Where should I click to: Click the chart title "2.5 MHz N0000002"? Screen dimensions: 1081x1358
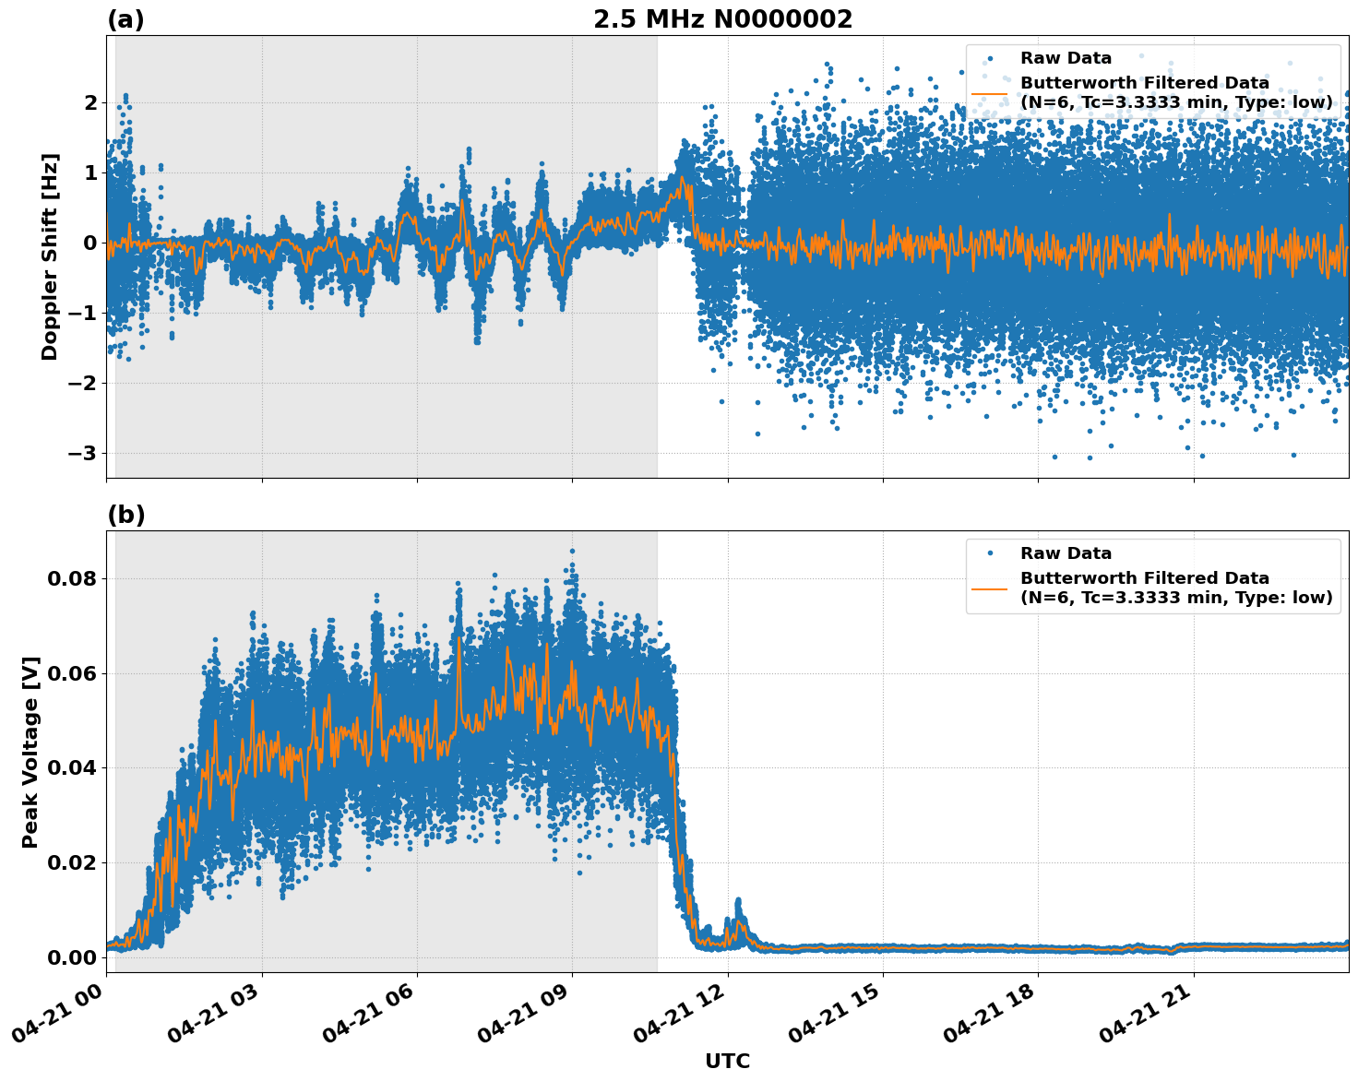tap(722, 19)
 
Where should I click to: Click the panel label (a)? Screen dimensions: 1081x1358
tap(125, 19)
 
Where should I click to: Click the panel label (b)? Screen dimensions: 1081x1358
tap(125, 515)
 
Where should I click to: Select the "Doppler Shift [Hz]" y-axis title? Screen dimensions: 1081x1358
tap(50, 256)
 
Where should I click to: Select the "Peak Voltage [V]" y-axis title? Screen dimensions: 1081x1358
tap(30, 752)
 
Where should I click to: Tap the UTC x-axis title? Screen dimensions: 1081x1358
tap(727, 1061)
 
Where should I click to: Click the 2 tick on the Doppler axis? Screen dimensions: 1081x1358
tap(90, 102)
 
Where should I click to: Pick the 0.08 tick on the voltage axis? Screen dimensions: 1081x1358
tap(71, 579)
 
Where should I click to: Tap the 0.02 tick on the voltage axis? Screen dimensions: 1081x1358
tap(71, 862)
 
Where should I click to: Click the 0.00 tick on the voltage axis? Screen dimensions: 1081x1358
tap(71, 957)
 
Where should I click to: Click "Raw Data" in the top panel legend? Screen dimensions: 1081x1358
tap(1066, 59)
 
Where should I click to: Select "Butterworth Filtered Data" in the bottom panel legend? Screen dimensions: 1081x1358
tap(1144, 578)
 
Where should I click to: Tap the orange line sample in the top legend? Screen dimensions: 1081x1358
tap(989, 93)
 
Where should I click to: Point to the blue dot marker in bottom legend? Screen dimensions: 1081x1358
tap(989, 553)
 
